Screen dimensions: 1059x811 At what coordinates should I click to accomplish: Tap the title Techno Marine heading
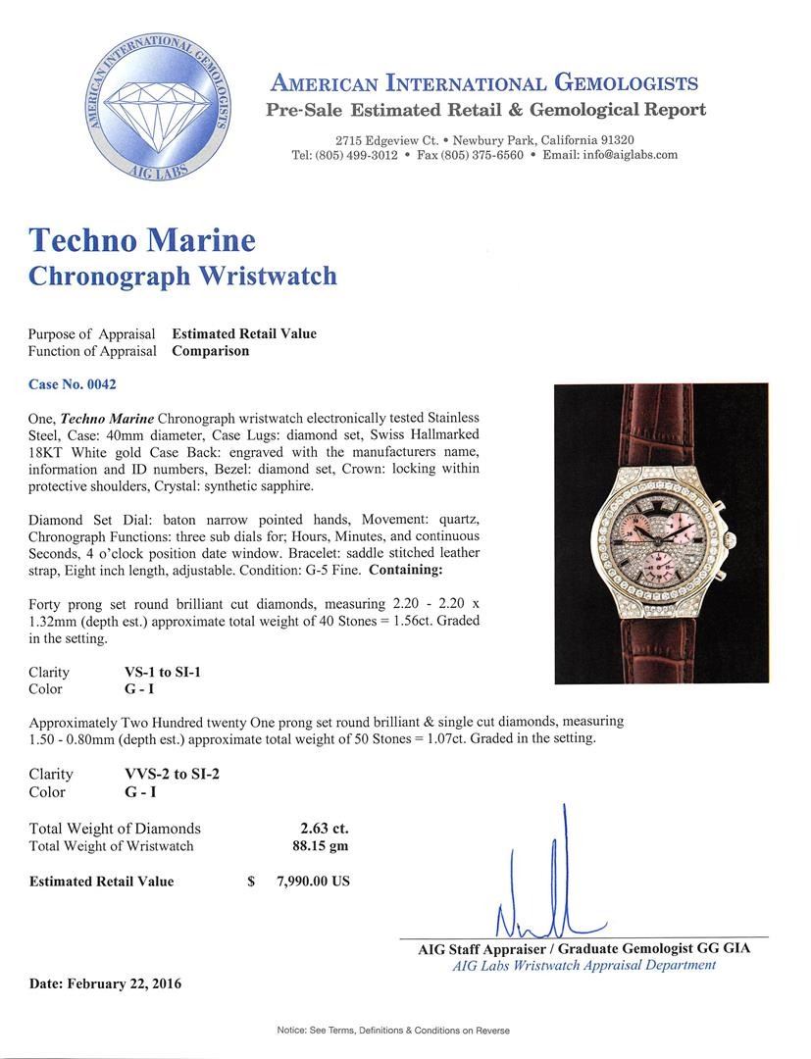(142, 240)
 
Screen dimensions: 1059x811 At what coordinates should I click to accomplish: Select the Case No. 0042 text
(73, 384)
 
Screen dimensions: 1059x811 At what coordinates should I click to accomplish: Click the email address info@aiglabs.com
(624, 155)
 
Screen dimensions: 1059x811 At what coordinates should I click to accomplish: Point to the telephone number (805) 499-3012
(344, 155)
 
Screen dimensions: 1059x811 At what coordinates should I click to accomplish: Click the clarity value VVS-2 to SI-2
(166, 774)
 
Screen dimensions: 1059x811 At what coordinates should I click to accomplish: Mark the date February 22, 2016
(105, 983)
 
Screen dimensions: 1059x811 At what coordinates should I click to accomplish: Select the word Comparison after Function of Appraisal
(210, 350)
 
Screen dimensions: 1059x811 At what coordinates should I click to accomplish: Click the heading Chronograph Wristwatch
(182, 276)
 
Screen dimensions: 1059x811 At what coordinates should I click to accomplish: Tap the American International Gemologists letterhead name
(484, 83)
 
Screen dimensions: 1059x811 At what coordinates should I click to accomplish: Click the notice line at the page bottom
(406, 1031)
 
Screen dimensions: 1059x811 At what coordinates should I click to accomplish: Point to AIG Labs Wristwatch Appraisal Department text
(583, 965)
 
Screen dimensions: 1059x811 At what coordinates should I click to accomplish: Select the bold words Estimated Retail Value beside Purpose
(244, 333)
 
